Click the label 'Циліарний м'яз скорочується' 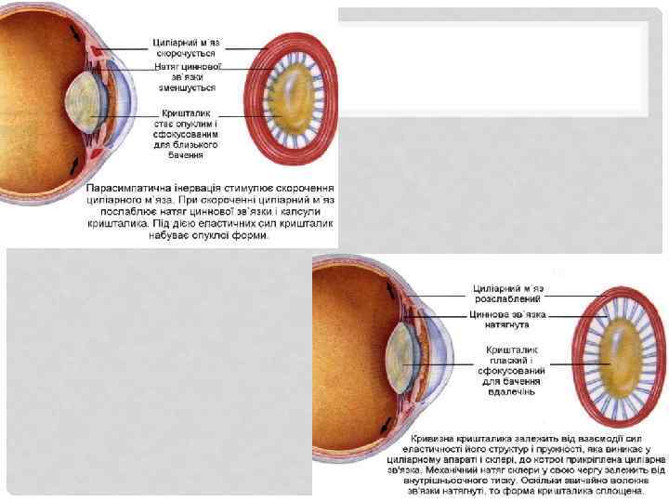(187, 47)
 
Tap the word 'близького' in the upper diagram (187, 145)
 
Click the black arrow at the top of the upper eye (72, 33)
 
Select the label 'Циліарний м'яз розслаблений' (509, 294)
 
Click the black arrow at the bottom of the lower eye (384, 426)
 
